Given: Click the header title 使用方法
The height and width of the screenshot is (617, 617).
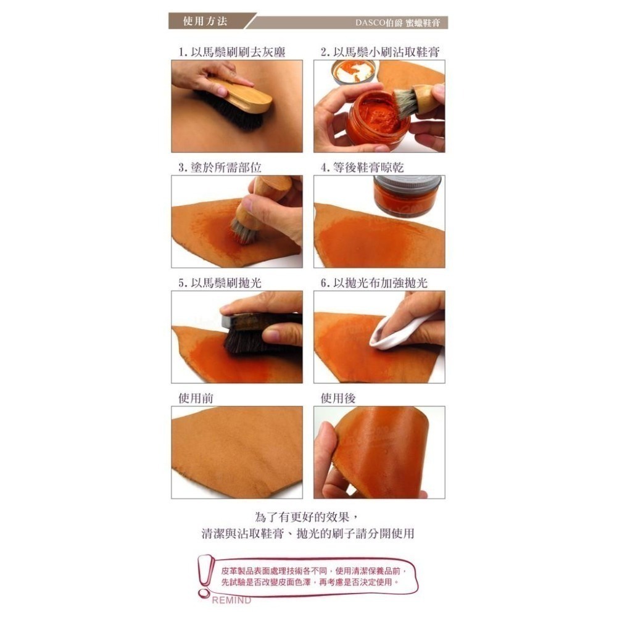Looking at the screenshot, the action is [205, 21].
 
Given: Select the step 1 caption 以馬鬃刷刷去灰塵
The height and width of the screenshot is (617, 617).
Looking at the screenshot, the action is [232, 52].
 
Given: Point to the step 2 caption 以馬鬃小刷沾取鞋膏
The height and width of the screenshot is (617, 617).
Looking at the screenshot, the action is [380, 52].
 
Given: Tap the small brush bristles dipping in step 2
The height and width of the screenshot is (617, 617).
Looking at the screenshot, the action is [404, 103].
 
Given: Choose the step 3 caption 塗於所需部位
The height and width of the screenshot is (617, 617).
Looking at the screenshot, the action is [220, 168].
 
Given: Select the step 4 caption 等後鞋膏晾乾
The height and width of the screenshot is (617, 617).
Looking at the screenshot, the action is [362, 168].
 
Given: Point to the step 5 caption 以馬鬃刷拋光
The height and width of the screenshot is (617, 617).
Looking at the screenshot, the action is [220, 283].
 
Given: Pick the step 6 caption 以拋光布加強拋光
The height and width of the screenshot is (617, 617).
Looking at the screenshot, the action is [375, 283].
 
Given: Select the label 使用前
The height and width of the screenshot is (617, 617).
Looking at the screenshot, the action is [196, 398].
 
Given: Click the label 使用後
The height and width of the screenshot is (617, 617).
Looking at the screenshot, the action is [338, 398].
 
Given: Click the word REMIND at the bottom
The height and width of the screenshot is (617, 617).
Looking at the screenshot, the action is [231, 600].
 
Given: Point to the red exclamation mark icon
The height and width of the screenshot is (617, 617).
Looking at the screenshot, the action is [205, 576].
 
